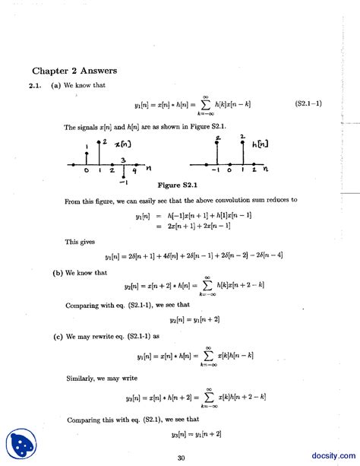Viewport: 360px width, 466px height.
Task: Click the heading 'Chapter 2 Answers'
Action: (74, 71)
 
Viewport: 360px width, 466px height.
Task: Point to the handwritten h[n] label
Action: (261, 142)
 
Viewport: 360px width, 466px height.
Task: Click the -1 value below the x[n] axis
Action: (123, 182)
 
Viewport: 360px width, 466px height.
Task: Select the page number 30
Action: (181, 458)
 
